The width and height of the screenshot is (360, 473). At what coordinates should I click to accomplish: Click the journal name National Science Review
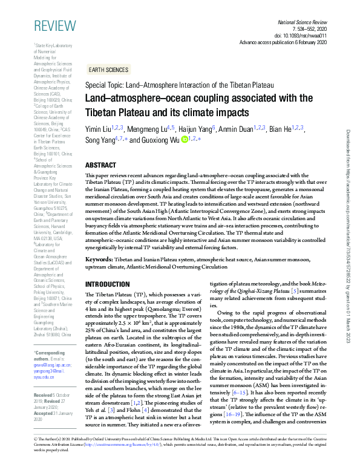[301, 21]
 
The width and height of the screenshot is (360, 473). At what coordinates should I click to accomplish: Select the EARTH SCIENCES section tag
[108, 70]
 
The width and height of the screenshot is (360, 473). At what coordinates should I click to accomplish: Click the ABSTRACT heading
[101, 165]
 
